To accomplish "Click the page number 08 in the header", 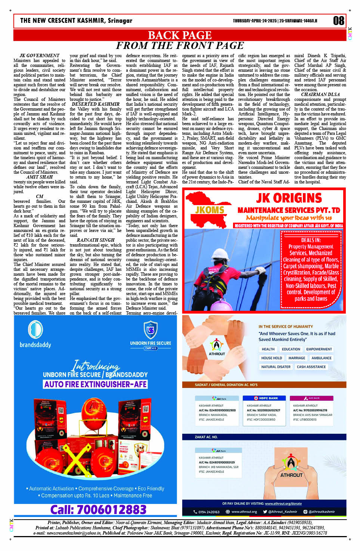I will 338,21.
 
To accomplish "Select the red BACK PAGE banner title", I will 180,35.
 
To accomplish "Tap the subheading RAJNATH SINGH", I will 96,240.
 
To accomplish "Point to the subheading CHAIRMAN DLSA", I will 320,95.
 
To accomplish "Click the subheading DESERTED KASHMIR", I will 96,104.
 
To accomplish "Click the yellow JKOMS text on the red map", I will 210,210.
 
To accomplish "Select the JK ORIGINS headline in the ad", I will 289,198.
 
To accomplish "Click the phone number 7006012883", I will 98,510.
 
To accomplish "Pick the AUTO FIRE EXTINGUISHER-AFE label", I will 96,384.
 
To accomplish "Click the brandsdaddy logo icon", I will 35,330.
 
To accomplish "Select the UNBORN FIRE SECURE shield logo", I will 151,330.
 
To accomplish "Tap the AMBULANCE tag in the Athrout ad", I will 321,358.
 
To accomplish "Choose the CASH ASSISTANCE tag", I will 311,367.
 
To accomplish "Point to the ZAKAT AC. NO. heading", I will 206,437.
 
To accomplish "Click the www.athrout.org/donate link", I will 283,504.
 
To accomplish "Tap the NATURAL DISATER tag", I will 276,367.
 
